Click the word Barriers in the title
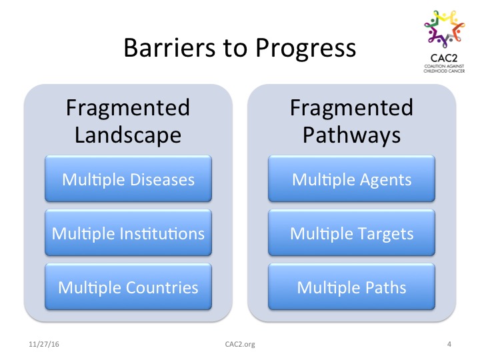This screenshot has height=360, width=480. coord(169,47)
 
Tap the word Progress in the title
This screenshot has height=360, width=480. coord(306,49)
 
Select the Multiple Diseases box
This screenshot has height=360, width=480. coord(128,179)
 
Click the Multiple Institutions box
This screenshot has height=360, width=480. coord(128,233)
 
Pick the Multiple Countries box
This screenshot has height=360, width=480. coord(128,287)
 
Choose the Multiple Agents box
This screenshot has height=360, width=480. coord(352,179)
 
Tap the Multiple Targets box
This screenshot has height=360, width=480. coord(352,233)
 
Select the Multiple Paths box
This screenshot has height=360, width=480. coord(352,287)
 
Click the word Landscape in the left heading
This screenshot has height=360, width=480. coord(128,135)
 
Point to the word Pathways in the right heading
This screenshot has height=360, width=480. coord(352,135)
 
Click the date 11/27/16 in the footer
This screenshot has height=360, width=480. coord(44,344)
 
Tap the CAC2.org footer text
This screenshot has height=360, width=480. coord(240,344)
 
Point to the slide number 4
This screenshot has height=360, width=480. coord(449,344)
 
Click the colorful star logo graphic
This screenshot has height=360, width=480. coord(445,29)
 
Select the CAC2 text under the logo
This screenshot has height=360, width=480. coord(444,58)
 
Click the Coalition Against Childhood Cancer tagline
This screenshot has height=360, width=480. coord(444,69)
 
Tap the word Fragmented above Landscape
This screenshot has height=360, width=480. coord(128,108)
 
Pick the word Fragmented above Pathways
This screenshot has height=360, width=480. coord(352,108)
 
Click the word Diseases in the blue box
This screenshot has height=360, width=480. coord(162,179)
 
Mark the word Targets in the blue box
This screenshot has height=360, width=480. coord(386,235)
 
